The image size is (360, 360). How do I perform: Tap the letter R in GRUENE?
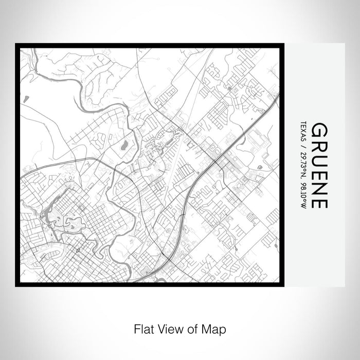click(319, 145)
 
